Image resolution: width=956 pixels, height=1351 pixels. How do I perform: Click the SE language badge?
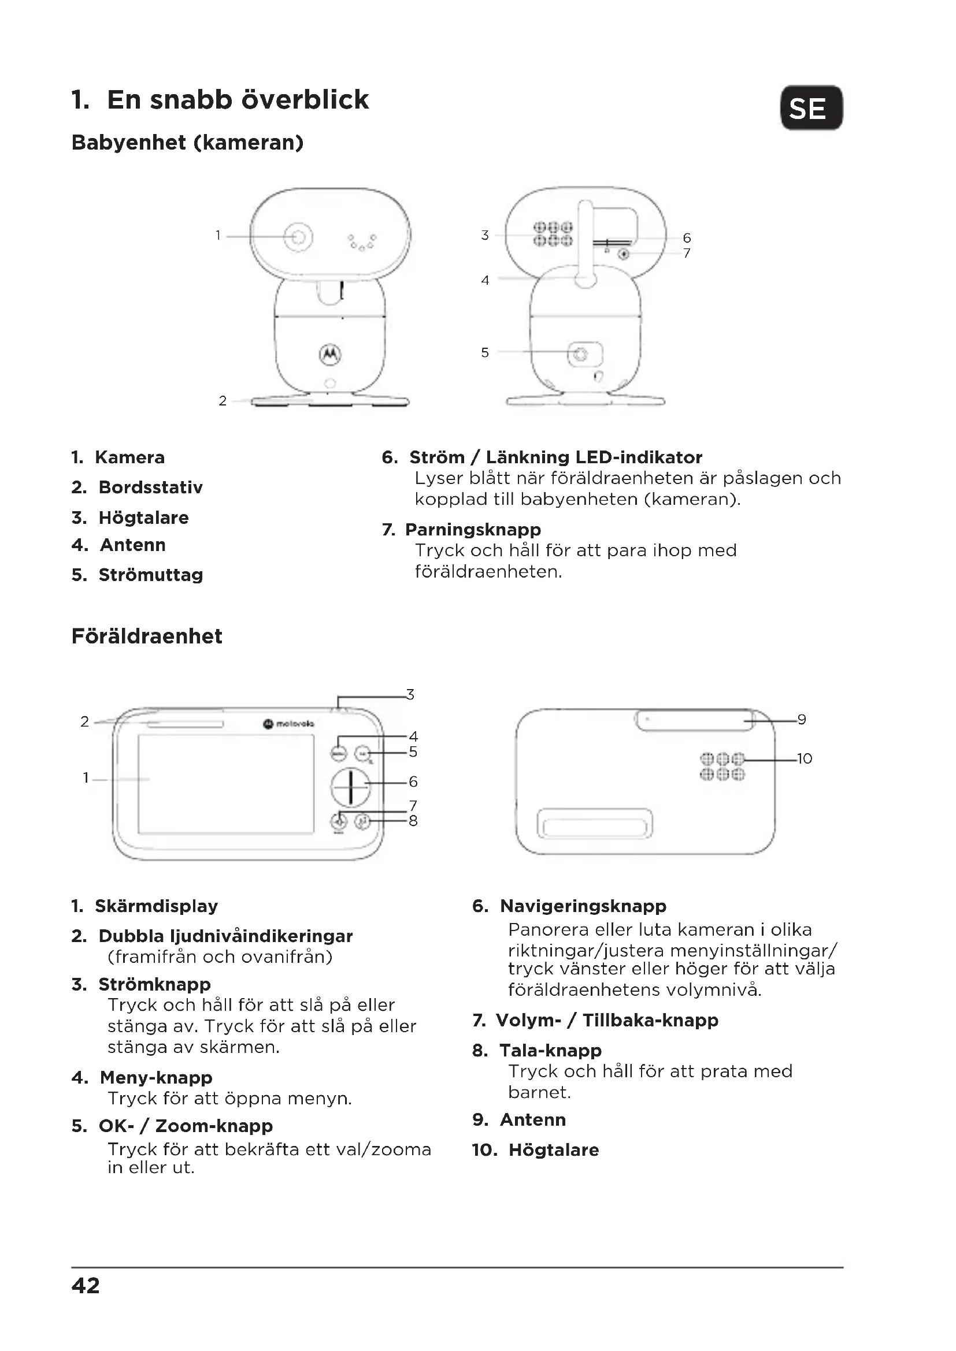[x=811, y=108]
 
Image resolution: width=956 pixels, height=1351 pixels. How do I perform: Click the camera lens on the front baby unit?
[x=298, y=237]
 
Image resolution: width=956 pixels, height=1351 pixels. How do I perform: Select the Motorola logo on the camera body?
[x=330, y=353]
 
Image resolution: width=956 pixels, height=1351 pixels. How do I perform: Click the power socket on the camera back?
[x=581, y=354]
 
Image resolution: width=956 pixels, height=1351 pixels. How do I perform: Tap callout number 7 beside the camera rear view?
[x=687, y=254]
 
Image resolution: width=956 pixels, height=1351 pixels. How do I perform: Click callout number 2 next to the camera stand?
[x=223, y=401]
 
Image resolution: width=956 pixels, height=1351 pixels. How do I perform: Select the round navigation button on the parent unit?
[x=350, y=786]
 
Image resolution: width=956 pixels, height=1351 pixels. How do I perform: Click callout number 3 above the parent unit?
[x=410, y=695]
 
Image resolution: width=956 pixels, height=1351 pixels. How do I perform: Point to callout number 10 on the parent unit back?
[x=804, y=759]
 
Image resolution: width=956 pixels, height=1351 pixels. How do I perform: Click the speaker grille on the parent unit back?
[x=722, y=766]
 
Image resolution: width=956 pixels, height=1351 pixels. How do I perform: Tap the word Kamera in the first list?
[x=129, y=457]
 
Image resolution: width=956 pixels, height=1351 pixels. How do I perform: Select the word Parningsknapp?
[x=473, y=530]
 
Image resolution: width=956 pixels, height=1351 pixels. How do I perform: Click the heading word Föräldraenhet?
[x=147, y=636]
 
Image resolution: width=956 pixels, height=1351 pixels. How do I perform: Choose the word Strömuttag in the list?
[x=151, y=575]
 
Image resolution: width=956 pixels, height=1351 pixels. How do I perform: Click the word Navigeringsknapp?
[x=583, y=906]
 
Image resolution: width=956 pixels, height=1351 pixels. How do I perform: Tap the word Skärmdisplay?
[x=156, y=906]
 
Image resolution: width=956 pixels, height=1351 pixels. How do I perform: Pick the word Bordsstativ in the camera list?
[x=151, y=487]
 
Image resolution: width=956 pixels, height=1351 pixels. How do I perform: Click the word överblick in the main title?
[x=305, y=99]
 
